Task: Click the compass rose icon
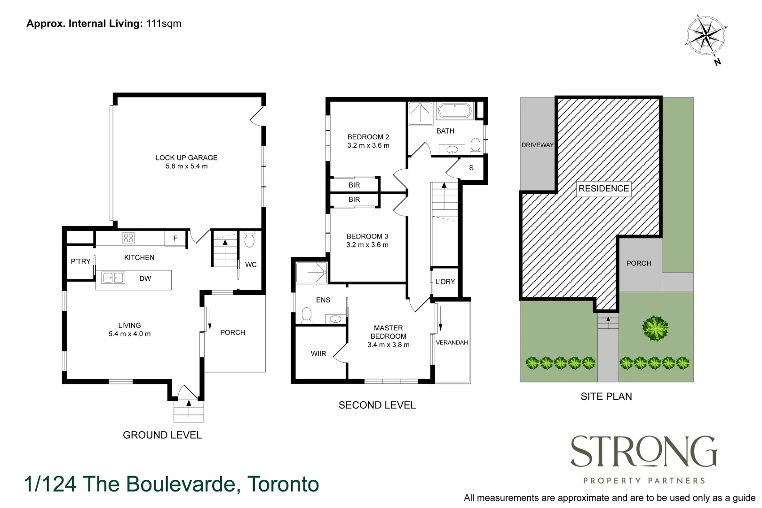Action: pyautogui.click(x=706, y=34)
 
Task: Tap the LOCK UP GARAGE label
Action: pyautogui.click(x=186, y=158)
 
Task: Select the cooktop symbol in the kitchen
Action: pyautogui.click(x=128, y=238)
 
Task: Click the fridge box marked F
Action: pyautogui.click(x=175, y=238)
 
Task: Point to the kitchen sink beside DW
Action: pyautogui.click(x=113, y=278)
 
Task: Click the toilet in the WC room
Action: pyautogui.click(x=250, y=240)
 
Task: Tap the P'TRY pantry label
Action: pyautogui.click(x=80, y=262)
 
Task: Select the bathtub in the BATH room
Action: pyautogui.click(x=454, y=111)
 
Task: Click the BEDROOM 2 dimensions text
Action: pyautogui.click(x=368, y=146)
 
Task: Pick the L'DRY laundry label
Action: pyautogui.click(x=445, y=282)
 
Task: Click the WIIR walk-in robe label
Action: pyautogui.click(x=318, y=354)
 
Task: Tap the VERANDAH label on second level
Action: pyautogui.click(x=452, y=342)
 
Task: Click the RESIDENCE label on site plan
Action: pyautogui.click(x=603, y=189)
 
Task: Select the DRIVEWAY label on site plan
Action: pyautogui.click(x=537, y=145)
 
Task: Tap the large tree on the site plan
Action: pyautogui.click(x=655, y=328)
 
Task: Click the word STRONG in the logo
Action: pyautogui.click(x=643, y=452)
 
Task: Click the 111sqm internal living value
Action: pyautogui.click(x=164, y=24)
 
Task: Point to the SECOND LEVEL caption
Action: pyautogui.click(x=377, y=405)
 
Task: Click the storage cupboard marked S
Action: pyautogui.click(x=471, y=168)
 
